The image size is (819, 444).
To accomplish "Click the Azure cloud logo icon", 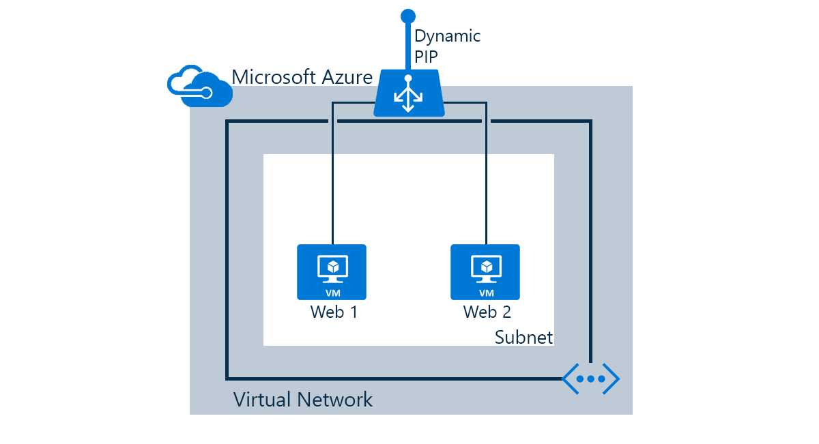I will (199, 87).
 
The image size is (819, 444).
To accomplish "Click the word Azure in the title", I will (347, 76).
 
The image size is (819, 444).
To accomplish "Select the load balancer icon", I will (409, 93).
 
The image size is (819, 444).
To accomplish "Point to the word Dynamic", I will (447, 36).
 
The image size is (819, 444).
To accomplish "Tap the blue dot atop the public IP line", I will (408, 15).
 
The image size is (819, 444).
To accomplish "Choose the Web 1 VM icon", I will (332, 271).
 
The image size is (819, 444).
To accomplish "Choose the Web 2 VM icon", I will (485, 271).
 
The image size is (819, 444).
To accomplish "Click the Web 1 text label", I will (334, 312).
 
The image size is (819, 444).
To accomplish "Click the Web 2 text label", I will (487, 312).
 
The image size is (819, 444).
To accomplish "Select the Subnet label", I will (523, 337).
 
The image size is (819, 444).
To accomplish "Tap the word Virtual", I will (263, 399).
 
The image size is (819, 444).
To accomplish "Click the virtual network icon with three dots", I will (590, 379).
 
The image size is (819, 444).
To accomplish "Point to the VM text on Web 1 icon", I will (332, 293).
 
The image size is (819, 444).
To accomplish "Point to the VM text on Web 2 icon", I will (486, 293).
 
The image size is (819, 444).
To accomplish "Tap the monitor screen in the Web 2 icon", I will (486, 265).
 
